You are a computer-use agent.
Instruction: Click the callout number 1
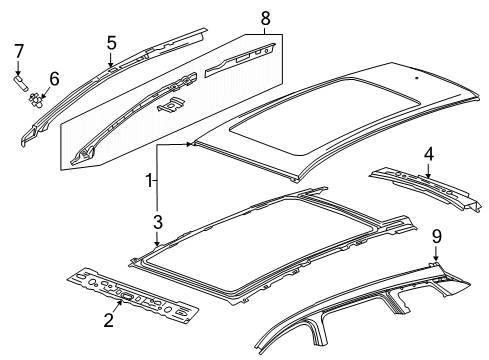pos(149,181)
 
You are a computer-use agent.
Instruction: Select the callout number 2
pos(109,320)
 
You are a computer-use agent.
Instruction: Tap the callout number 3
pos(158,222)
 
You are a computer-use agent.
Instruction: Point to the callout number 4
pos(429,154)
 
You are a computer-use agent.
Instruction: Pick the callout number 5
pos(112,43)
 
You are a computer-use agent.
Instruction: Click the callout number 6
pos(54,79)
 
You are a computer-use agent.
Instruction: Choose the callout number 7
pos(19,51)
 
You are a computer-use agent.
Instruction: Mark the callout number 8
pos(265,18)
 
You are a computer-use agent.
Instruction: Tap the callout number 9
pos(437,237)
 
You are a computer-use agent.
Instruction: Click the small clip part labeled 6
pos(36,100)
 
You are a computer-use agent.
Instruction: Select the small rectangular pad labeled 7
pos(20,82)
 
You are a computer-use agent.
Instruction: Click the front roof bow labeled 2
pos(133,296)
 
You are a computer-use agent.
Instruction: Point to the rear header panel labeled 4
pos(426,189)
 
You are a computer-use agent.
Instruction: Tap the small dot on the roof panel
pos(416,78)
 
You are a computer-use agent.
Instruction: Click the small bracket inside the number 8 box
pos(170,105)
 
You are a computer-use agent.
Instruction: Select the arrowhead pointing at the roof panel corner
pos(190,144)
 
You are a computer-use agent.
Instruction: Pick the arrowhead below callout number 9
pos(436,257)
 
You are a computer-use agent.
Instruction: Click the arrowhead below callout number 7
pos(18,72)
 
